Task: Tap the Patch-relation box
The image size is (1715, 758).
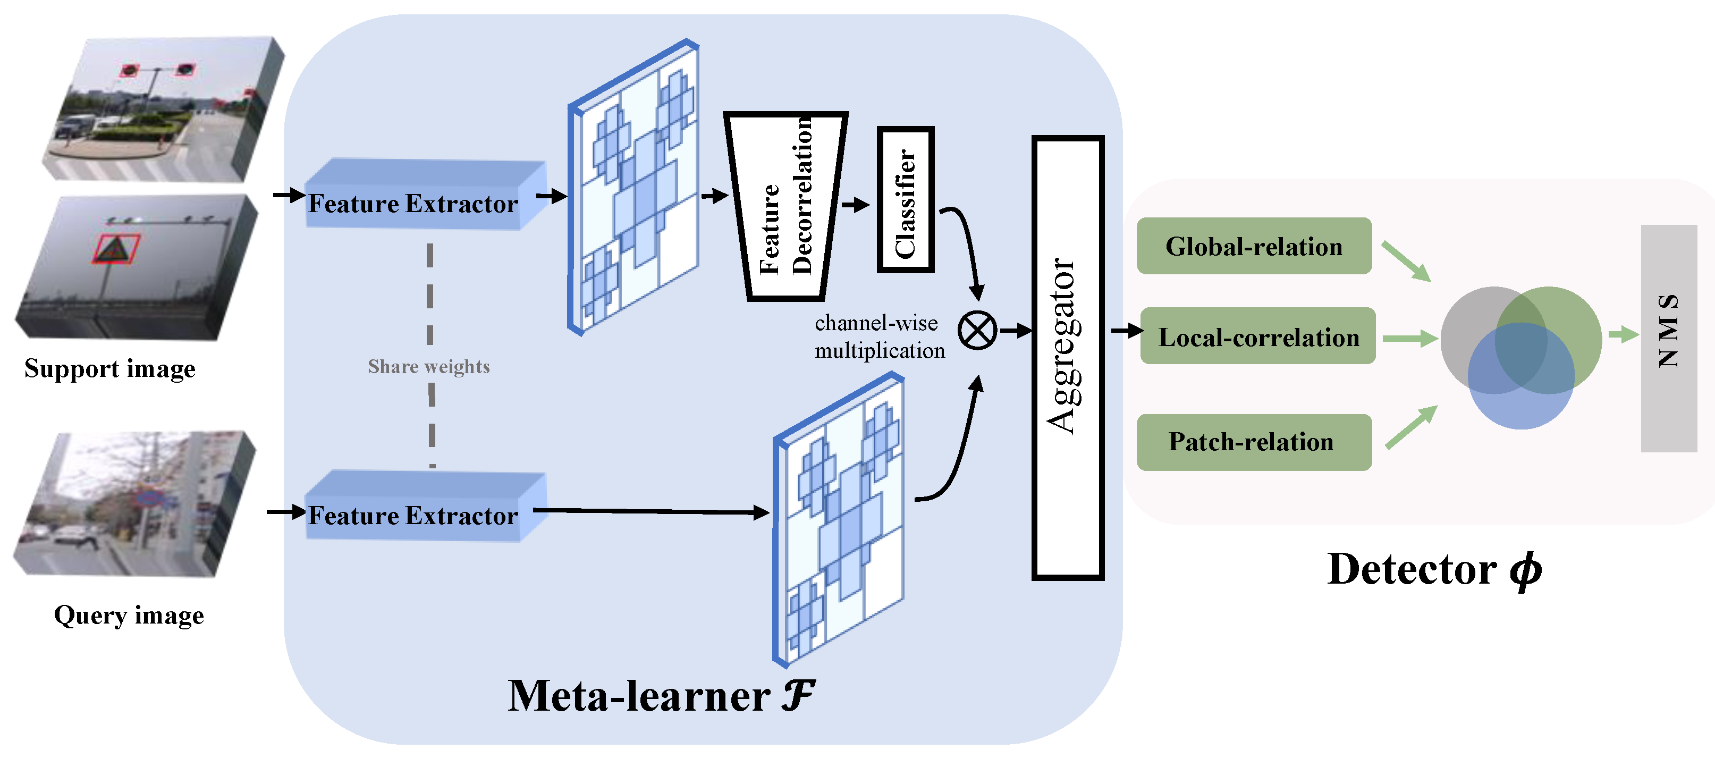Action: (1254, 442)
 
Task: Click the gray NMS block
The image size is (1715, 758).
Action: (1668, 339)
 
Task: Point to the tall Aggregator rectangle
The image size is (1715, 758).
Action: (1067, 358)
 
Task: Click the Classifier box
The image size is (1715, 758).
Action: (906, 199)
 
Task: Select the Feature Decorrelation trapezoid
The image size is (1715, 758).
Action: (785, 206)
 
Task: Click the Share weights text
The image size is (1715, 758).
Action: (429, 366)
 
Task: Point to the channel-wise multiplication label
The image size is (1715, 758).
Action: (879, 336)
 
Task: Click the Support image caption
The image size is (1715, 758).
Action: (110, 368)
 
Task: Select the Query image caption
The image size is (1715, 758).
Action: (129, 615)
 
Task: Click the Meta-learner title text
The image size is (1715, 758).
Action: (661, 696)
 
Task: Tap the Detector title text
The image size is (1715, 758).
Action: (1433, 569)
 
